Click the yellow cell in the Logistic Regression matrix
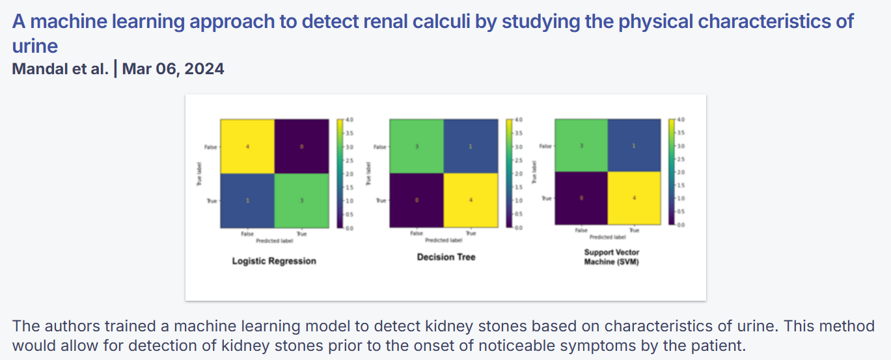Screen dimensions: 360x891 coord(247,146)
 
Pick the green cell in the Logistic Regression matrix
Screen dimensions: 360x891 coord(301,201)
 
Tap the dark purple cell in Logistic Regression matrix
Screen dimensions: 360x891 coord(301,146)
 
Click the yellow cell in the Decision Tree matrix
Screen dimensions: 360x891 coord(471,201)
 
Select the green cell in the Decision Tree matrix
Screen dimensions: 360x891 coord(417,146)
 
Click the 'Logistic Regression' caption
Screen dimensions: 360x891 coord(274,261)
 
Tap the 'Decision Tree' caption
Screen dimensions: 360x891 coord(446,257)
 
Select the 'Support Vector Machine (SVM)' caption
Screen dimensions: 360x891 coord(611,256)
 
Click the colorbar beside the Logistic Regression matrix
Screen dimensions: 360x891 coord(340,174)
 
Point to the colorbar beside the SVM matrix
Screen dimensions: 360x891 coord(672,172)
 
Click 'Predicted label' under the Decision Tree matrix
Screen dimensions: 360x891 coord(444,240)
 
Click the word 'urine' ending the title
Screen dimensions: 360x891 coord(34,46)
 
